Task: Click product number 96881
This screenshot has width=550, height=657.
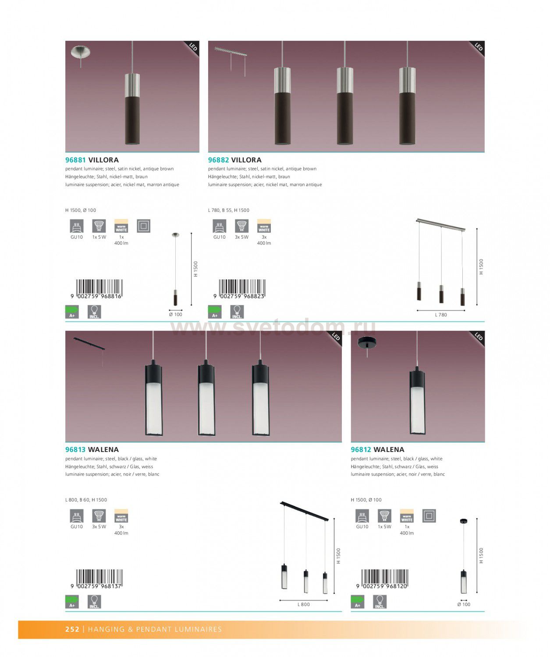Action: pos(75,160)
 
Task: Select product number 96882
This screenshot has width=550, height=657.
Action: pos(218,160)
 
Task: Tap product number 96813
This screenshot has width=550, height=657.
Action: pos(75,449)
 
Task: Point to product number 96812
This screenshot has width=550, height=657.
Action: pos(361,449)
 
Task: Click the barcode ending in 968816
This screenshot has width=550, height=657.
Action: pos(97,289)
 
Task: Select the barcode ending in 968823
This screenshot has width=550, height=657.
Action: pos(239,289)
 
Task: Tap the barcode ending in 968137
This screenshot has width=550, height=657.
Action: pos(97,579)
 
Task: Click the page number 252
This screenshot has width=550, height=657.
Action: pos(72,629)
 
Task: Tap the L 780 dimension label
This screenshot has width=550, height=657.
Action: pos(441,314)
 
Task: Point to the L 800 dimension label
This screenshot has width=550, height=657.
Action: pos(304,604)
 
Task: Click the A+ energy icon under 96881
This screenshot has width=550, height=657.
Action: pos(72,312)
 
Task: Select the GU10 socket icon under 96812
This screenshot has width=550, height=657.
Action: pos(362,516)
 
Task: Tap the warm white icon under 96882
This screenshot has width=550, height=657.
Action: pos(264,226)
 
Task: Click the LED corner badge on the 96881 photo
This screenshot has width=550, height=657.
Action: pos(192,47)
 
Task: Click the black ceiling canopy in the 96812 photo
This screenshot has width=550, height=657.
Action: pos(366,343)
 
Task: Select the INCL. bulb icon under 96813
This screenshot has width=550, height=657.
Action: pos(94,602)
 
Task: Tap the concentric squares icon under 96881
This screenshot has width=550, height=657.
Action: pos(144,226)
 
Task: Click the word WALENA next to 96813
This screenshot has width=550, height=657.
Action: pos(103,449)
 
